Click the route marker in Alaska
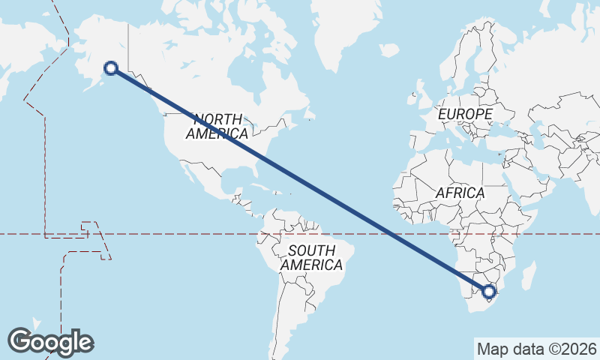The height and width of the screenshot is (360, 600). (x=111, y=68)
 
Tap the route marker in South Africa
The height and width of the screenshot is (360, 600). (x=490, y=292)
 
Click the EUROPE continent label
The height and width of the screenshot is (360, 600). (x=465, y=114)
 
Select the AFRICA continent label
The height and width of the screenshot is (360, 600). (x=460, y=193)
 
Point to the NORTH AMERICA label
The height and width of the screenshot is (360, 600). (x=217, y=127)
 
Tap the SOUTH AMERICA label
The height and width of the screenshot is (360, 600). (x=312, y=258)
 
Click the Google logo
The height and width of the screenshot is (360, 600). (x=50, y=342)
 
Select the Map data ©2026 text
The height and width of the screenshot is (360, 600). (x=536, y=349)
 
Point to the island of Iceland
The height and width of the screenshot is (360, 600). (x=389, y=50)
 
